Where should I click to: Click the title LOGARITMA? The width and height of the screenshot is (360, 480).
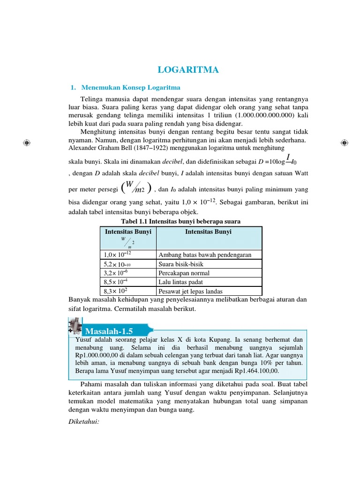[188, 70]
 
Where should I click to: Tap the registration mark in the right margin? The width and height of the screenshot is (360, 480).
[344, 142]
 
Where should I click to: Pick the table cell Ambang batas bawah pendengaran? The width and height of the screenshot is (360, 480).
[205, 255]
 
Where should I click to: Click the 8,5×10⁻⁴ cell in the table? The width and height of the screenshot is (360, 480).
[116, 282]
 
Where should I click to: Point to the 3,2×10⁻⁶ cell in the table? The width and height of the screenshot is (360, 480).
[116, 273]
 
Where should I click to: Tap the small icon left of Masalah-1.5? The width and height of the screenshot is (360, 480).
[75, 326]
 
